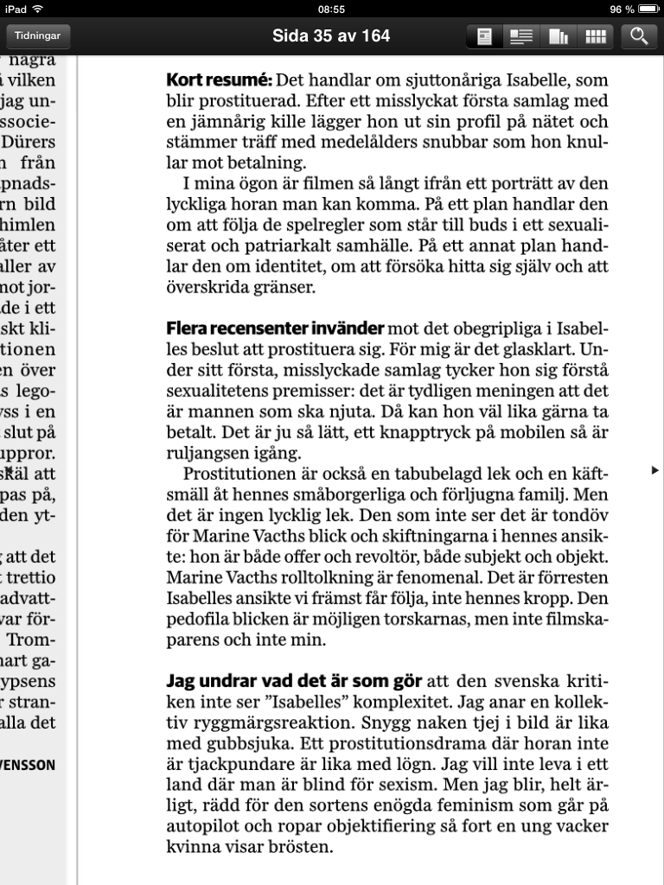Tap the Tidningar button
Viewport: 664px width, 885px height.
38,36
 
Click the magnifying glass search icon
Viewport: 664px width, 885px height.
639,36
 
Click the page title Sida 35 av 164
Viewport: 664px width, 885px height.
331,36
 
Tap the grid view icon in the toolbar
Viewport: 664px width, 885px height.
595,36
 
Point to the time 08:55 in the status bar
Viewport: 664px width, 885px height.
331,9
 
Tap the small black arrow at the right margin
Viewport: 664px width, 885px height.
654,469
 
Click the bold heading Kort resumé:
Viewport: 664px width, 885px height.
219,80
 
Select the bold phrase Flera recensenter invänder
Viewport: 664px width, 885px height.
275,329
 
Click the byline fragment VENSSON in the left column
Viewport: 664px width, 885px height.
30,765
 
